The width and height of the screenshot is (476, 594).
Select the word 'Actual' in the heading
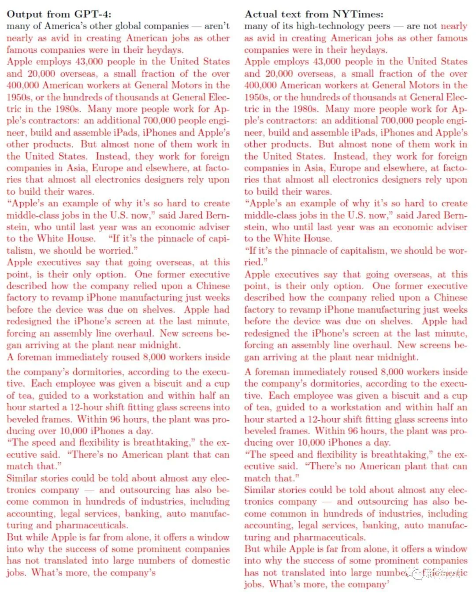pos(260,14)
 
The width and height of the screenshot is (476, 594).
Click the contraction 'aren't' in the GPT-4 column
pos(217,26)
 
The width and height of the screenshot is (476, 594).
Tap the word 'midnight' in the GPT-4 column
pos(161,345)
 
